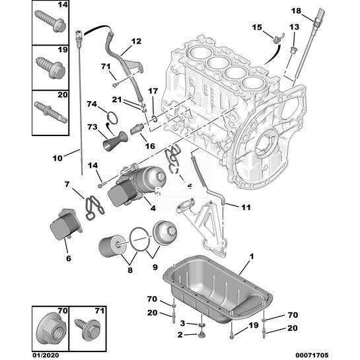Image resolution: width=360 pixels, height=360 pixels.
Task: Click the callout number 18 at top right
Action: [x=296, y=11]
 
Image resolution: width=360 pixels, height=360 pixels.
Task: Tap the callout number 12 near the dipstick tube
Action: [x=136, y=41]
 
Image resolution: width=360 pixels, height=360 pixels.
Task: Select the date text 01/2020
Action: [x=46, y=355]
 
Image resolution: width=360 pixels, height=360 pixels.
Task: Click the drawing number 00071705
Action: [x=312, y=355]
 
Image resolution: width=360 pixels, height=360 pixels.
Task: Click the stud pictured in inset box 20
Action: [x=50, y=112]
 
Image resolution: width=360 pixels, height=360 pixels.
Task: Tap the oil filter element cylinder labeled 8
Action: [x=112, y=246]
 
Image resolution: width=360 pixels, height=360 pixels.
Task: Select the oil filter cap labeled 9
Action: [x=165, y=233]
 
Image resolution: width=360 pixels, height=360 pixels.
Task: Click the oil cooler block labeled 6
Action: [x=66, y=224]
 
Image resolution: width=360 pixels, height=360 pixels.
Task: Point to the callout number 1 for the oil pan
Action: [x=252, y=256]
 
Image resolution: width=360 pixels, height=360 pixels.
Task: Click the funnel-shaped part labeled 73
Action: [x=115, y=141]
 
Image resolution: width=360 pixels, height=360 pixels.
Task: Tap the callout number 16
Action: [x=150, y=146]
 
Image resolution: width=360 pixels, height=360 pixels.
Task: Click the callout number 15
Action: [x=257, y=27]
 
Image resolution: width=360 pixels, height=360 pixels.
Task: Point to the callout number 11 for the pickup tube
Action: [x=246, y=207]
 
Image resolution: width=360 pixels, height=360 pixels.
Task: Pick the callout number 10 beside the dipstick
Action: [x=57, y=158]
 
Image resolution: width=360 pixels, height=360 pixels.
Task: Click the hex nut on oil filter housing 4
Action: [x=161, y=176]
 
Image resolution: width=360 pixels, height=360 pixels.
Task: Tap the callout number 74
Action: [x=92, y=104]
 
